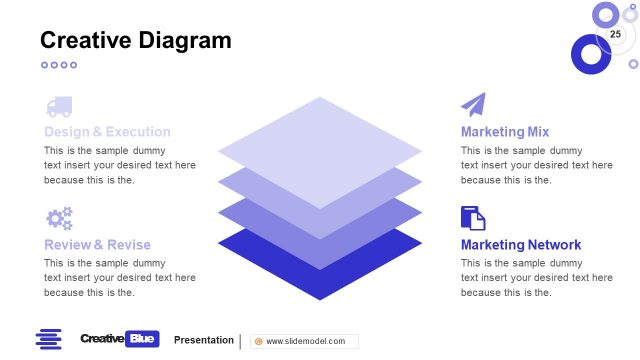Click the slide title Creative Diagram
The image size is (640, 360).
[135, 40]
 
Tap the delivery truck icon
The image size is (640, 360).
[58, 106]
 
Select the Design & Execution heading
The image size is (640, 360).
[107, 132]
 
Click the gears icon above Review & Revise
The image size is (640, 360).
[59, 218]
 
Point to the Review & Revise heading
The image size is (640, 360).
[97, 245]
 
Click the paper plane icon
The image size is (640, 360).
[473, 105]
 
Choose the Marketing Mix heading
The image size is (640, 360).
[505, 132]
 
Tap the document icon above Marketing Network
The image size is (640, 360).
[473, 218]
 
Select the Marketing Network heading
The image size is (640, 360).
[521, 245]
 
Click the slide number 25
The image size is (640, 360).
[615, 35]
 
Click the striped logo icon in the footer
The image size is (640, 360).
[48, 340]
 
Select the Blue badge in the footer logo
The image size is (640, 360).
[142, 340]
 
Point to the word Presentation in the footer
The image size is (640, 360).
[204, 340]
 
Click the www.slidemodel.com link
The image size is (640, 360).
[305, 341]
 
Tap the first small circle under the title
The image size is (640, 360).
[44, 65]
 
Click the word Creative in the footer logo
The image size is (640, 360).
[102, 340]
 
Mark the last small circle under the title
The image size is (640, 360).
[73, 65]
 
